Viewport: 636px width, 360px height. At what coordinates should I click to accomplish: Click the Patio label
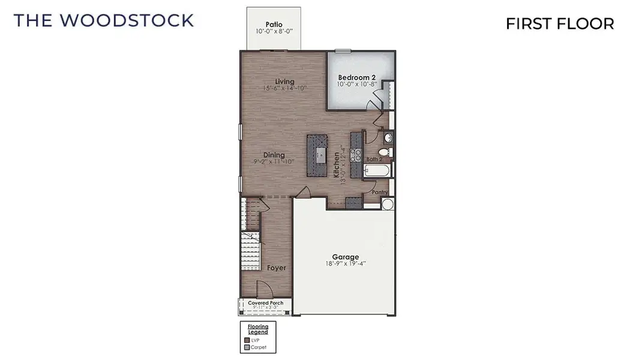tap(274, 25)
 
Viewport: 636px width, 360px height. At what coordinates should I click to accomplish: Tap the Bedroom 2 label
tap(356, 77)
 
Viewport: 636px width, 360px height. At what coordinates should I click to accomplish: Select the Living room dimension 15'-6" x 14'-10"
tap(285, 88)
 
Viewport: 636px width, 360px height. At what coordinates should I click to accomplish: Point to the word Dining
tap(274, 155)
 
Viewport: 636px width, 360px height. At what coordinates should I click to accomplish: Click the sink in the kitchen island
tap(320, 154)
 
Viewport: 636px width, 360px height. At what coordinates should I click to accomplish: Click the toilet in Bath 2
tap(386, 152)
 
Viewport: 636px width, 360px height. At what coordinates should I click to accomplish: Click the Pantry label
tap(380, 193)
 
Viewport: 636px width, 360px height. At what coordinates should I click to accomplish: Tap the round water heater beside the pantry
tap(387, 204)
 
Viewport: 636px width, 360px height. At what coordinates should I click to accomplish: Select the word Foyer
tap(276, 268)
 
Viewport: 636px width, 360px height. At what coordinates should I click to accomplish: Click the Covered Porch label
tap(265, 303)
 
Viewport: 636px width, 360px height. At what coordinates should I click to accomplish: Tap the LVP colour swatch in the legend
tap(247, 340)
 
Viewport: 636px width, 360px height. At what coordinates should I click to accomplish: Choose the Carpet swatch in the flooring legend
tap(247, 347)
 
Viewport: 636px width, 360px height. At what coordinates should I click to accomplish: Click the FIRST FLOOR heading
tap(559, 23)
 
